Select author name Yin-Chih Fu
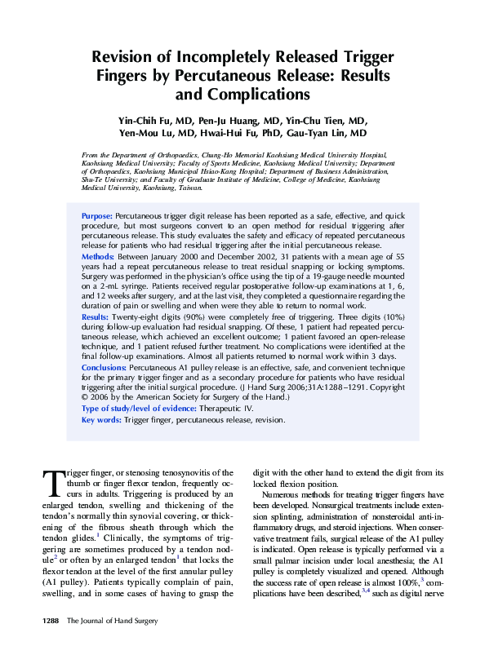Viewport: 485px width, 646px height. click(x=148, y=120)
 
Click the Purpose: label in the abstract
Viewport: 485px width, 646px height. click(x=97, y=216)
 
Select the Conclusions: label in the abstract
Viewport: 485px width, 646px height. click(x=104, y=367)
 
